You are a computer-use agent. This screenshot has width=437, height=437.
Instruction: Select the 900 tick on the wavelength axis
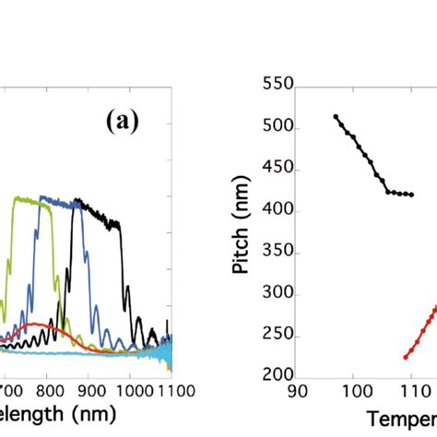pyautogui.click(x=89, y=391)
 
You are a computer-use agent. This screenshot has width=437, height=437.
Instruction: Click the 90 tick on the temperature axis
pyautogui.click(x=296, y=392)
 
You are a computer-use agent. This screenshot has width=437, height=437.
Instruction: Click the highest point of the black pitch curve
pyautogui.click(x=336, y=116)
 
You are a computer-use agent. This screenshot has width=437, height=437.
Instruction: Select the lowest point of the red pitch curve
pyautogui.click(x=406, y=357)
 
